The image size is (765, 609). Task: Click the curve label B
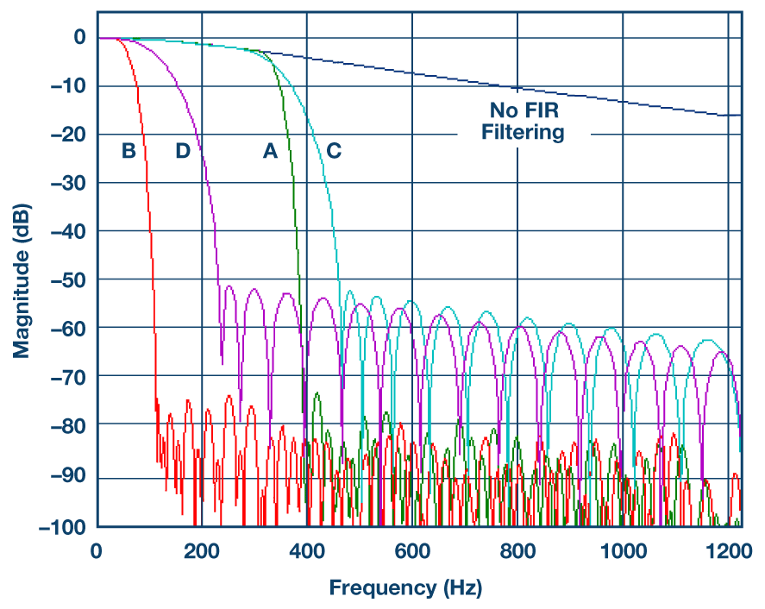click(x=129, y=151)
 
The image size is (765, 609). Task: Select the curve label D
click(x=183, y=151)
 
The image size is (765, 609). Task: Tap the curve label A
click(x=270, y=151)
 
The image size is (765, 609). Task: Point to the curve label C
click(x=334, y=151)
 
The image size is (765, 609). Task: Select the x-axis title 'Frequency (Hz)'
click(x=405, y=588)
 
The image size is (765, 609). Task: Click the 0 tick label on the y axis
click(x=79, y=37)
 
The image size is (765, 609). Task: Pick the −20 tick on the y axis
click(x=68, y=135)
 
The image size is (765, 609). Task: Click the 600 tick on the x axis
click(x=412, y=549)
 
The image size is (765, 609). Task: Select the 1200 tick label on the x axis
click(x=729, y=549)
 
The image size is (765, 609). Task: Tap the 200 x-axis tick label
click(x=202, y=549)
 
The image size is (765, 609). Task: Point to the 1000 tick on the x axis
click(x=623, y=549)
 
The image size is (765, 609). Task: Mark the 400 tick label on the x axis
click(x=307, y=549)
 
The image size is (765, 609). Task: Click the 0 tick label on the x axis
click(x=97, y=549)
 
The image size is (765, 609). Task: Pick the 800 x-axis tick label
click(x=517, y=549)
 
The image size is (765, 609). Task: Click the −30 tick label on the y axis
click(x=68, y=183)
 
